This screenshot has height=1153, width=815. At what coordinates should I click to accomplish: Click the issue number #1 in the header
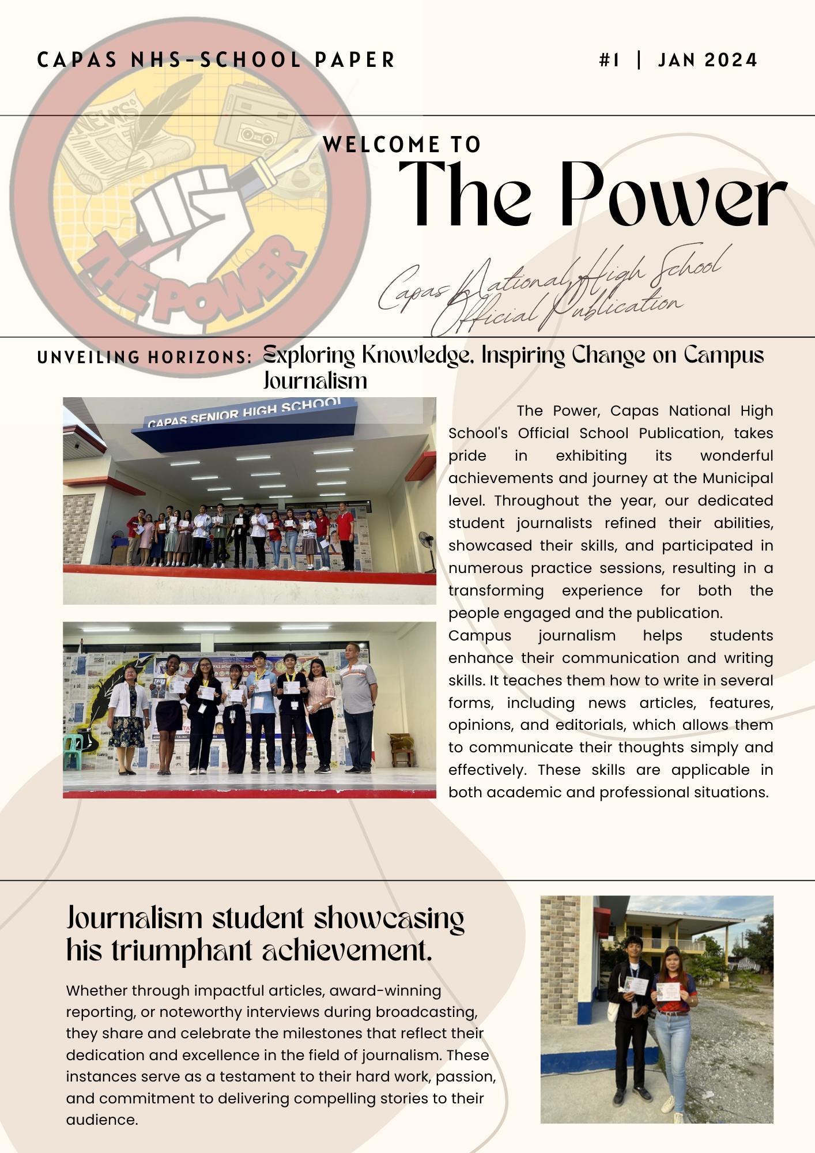click(609, 60)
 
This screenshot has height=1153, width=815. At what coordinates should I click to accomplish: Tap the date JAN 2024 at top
click(707, 60)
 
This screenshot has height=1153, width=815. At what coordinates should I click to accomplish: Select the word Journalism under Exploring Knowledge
click(315, 380)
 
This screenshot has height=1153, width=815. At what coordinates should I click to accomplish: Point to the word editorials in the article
click(591, 725)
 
